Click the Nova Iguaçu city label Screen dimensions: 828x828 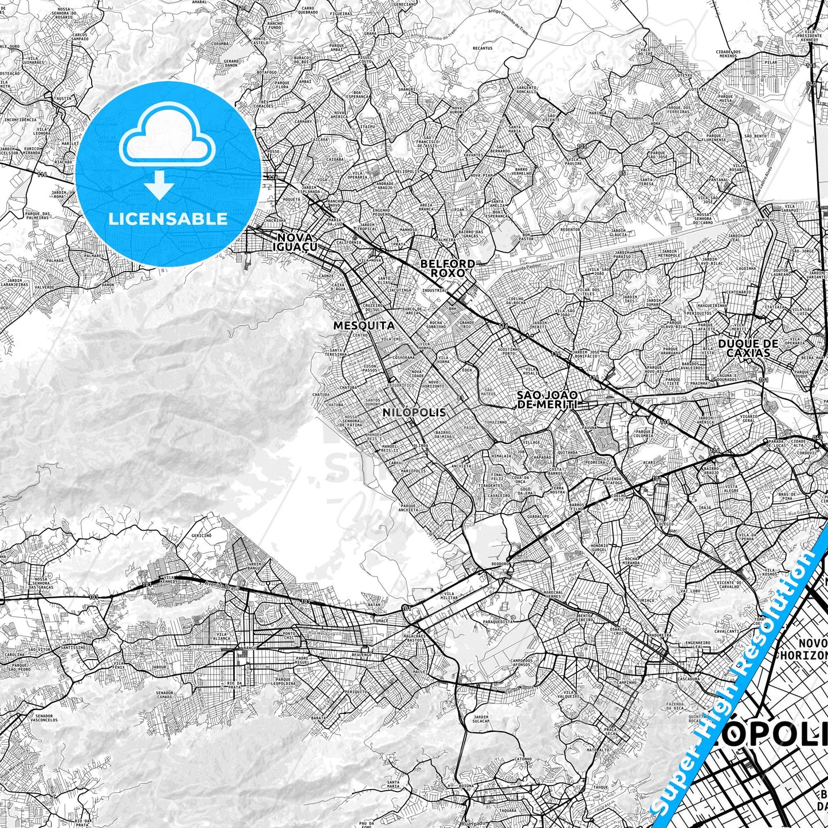coord(296,242)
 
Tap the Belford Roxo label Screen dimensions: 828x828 coord(448,268)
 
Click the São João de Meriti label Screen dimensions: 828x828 coord(547,399)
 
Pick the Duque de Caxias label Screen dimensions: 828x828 coord(748,348)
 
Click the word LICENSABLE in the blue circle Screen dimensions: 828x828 coord(168,218)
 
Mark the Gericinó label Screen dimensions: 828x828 coord(201,535)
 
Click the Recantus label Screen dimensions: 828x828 coord(482,48)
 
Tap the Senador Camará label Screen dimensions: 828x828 coord(165,695)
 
